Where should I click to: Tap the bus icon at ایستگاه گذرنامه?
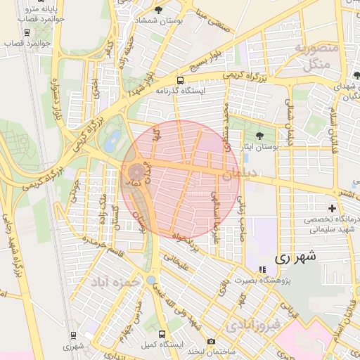[181, 80]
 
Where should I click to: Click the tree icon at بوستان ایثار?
[260, 135]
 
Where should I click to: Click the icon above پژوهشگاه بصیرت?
[262, 269]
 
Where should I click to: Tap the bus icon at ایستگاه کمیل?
[162, 334]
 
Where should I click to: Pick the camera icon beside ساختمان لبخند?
[211, 341]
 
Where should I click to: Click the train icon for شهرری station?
[72, 335]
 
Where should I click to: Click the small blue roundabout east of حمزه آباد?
[150, 280]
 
